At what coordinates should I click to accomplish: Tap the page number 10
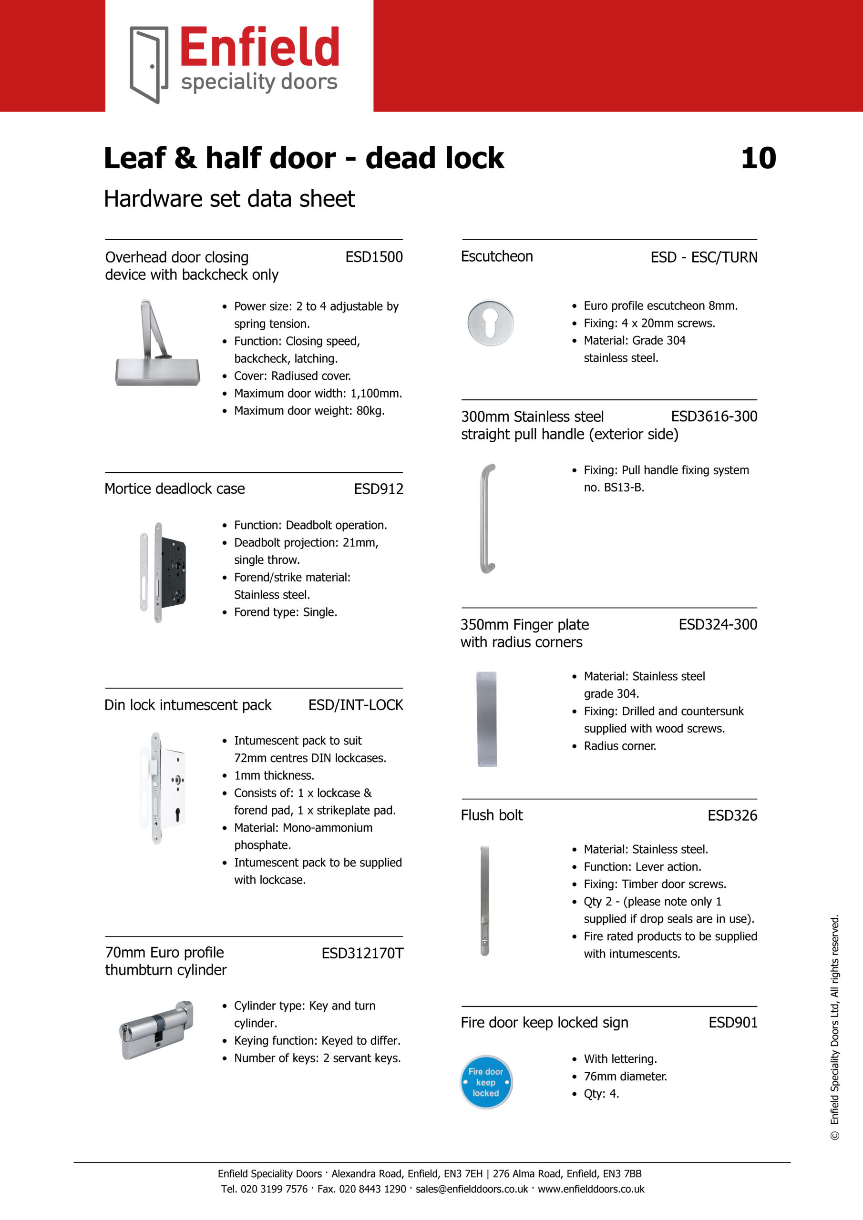point(758,158)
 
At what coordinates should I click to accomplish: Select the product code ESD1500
point(374,257)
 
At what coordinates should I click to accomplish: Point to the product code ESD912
point(379,489)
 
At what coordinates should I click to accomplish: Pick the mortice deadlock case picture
point(163,572)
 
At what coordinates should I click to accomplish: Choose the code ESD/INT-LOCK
point(356,705)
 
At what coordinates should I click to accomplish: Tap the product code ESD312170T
point(362,953)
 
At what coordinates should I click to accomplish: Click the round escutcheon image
point(490,323)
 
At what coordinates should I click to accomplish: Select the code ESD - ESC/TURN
point(703,257)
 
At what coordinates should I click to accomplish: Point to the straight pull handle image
point(487,518)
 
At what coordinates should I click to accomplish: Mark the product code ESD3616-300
point(714,417)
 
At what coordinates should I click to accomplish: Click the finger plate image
point(486,719)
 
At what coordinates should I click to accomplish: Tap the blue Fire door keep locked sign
point(486,1082)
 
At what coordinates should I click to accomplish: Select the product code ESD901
point(732,1022)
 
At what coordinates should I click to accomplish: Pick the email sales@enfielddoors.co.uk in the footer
point(472,1189)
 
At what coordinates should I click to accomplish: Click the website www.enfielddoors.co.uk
point(591,1189)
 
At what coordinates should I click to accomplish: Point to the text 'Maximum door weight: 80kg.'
point(309,411)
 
